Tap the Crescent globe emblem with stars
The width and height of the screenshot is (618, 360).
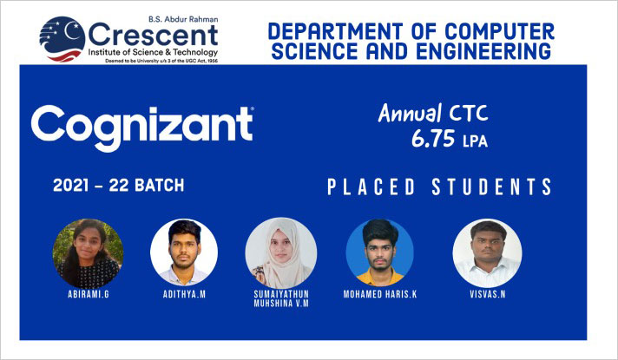coord(62,39)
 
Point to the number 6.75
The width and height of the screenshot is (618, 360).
coord(433,139)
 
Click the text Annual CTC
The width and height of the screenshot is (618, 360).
coord(433,114)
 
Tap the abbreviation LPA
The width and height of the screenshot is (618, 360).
coord(475,141)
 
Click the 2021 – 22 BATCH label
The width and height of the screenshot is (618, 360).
coord(119,186)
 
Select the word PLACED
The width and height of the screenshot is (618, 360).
coord(371,187)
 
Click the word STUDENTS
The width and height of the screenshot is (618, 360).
coord(492,187)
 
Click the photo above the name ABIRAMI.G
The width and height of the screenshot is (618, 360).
coord(88,253)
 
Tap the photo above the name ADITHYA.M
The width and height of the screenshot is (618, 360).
coord(184,252)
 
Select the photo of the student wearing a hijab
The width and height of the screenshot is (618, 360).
coord(281,252)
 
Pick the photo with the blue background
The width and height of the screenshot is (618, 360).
coord(380,252)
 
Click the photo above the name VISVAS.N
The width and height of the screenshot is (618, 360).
coord(488,252)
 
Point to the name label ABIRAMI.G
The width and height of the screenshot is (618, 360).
coord(89,294)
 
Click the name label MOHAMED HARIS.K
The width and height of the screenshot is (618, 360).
coord(380,294)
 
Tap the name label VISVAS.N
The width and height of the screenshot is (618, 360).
coord(488,294)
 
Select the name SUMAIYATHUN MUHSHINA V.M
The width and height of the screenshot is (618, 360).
coord(281,299)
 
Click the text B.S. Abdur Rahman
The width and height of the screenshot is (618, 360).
coord(183,19)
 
